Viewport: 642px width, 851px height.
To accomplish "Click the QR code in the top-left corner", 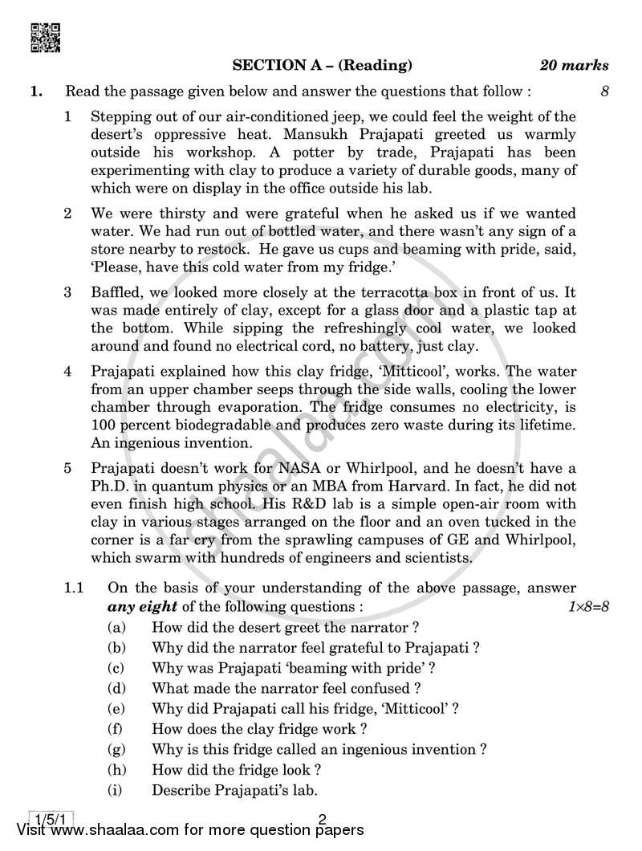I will click(x=45, y=37).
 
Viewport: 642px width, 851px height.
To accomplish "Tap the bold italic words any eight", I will click(x=139, y=606).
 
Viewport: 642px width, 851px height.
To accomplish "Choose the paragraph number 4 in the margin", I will click(x=68, y=373).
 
